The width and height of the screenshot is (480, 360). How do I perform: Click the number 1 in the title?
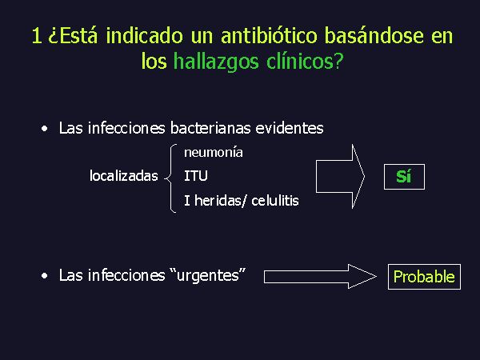[x=37, y=35]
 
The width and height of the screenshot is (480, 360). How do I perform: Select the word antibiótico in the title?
[x=269, y=35]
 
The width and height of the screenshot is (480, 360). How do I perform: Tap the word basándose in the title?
[x=374, y=35]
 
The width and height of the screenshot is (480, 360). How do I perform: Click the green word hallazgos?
[x=216, y=62]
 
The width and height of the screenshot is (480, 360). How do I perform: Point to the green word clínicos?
[x=301, y=62]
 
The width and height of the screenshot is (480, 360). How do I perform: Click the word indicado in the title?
[x=145, y=35]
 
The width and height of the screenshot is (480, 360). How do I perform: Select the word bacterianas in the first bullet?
[x=210, y=128]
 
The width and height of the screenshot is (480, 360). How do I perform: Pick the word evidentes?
[x=290, y=128]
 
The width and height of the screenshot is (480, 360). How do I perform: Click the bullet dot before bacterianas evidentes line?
[x=45, y=129]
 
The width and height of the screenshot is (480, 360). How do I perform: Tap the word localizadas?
[x=124, y=176]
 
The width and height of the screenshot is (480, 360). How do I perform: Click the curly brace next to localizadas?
[x=170, y=178]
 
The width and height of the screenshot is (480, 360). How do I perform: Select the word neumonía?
[x=214, y=152]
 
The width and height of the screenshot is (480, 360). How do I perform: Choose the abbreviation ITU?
[x=196, y=176]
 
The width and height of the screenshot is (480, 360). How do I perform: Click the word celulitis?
[x=275, y=201]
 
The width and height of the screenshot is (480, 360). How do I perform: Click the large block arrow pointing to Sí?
[x=340, y=176]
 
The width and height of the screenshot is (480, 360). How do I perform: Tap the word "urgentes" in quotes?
[x=207, y=275]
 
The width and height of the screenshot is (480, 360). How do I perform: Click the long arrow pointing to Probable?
[x=320, y=277]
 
